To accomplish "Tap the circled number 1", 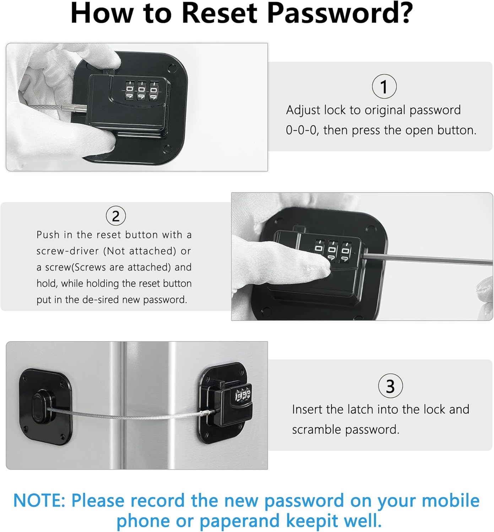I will click(384, 87).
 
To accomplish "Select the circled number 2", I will click(116, 216).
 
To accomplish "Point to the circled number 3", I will click(390, 386).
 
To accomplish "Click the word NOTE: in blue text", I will click(39, 501).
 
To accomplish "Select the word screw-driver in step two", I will click(67, 251).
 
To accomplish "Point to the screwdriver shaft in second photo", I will click(426, 258).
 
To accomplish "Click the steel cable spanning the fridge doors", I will click(124, 415).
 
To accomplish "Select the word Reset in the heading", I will click(219, 13).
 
